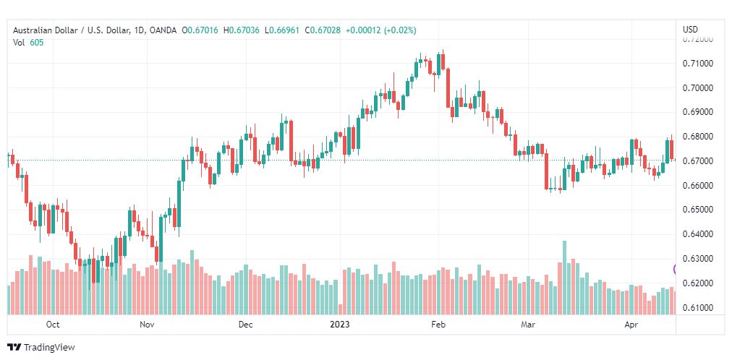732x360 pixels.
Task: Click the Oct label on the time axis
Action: coord(52,325)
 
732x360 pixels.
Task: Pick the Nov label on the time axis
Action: coord(147,325)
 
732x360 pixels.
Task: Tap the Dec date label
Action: coord(245,325)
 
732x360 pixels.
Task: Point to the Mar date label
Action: coord(528,325)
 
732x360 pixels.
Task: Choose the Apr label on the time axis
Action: coord(631,325)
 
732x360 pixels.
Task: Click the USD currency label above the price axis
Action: coord(690,30)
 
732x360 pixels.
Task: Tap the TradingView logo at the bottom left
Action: coord(41,347)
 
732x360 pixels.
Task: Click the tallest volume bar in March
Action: coord(564,278)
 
